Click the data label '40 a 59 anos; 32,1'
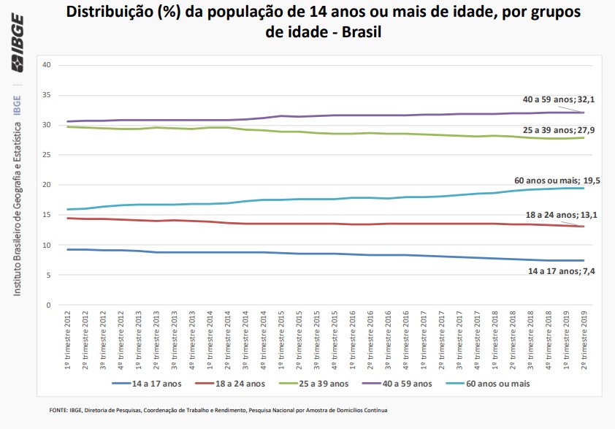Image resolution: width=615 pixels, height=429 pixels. (x=552, y=99)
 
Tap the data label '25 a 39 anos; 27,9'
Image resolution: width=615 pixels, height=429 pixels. (x=552, y=129)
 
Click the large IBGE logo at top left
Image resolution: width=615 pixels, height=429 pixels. (x=16, y=46)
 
